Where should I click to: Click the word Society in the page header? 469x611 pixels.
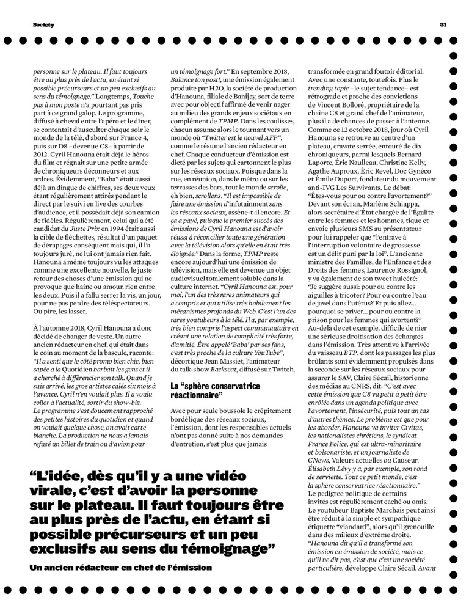click(43, 24)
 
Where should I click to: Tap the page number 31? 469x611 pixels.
click(443, 24)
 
